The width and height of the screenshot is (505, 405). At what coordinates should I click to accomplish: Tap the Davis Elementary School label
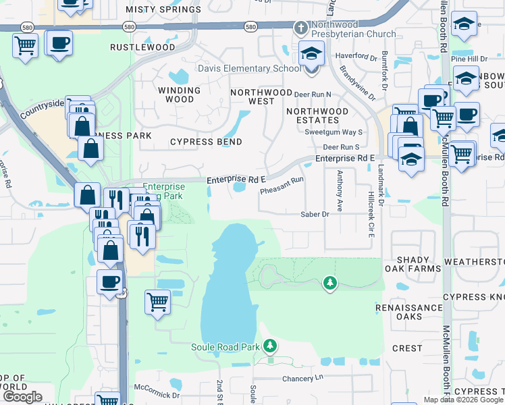coord(249,68)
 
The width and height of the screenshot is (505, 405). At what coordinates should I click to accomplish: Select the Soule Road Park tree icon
coord(270,346)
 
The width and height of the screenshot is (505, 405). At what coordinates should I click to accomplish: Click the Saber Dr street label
coord(315,214)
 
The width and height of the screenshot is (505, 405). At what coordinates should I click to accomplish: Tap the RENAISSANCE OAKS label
coord(409,312)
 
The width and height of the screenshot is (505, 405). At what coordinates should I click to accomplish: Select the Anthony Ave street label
coord(340,190)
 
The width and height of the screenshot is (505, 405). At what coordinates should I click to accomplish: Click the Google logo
coord(22,397)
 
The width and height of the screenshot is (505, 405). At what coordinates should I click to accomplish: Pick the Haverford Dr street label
coord(352,57)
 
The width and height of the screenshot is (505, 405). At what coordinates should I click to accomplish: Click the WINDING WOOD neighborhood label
coord(179,94)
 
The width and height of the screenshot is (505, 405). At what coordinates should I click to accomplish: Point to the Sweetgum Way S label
coord(334,132)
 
